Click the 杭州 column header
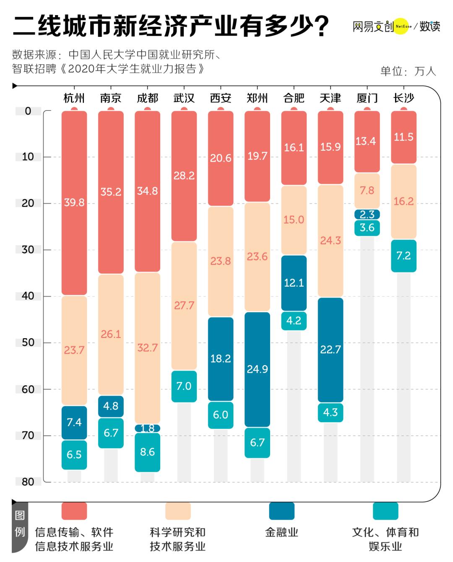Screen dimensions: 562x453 pos(74,98)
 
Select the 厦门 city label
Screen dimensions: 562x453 pos(367,98)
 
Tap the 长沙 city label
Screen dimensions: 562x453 pos(404,98)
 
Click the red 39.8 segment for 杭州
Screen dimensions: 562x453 pos(74,202)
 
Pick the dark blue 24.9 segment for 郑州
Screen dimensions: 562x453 pos(257,369)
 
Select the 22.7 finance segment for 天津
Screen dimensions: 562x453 pos(331,350)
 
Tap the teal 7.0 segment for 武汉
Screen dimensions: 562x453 pos(184,386)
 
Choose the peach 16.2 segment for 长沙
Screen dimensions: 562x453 pos(404,201)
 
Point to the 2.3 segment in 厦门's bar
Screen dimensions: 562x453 pos(367,214)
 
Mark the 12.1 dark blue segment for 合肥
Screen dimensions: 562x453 pos(294,283)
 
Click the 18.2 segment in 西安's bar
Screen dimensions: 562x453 pos(221,359)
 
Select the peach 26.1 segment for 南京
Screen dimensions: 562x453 pos(111,334)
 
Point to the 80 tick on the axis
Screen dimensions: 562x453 pos(28,482)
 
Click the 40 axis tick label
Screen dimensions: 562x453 pos(28,296)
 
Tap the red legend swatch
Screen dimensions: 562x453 pos(74,511)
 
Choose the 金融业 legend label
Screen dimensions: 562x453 pos(281,533)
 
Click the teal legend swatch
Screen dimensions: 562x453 pos(385,511)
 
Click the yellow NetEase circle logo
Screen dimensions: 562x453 pos(401,26)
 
